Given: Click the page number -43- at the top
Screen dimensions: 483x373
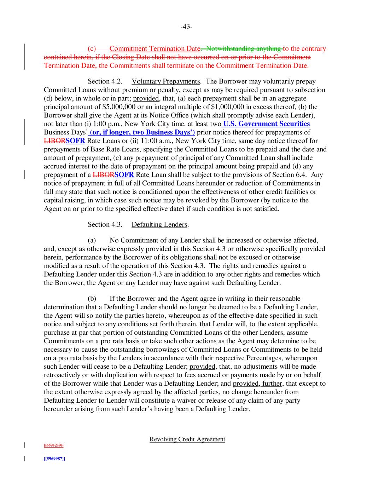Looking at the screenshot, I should [186, 27].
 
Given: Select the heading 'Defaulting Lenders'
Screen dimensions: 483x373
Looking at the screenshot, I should [159, 224].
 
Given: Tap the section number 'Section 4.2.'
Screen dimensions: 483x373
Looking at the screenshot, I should [105, 81].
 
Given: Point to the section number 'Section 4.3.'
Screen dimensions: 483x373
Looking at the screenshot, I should [105, 224].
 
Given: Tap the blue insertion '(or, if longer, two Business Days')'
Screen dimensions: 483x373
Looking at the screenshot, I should [142, 132].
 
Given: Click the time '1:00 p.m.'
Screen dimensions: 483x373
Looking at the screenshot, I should [107, 124].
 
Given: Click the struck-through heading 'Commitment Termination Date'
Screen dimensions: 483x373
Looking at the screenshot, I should [155, 48].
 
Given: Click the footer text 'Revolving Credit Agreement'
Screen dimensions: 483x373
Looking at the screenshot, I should [187, 439].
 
